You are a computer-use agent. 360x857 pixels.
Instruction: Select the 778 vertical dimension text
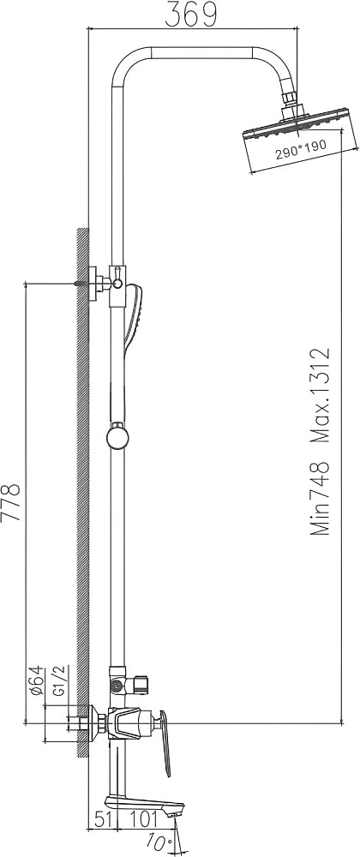coord(13,502)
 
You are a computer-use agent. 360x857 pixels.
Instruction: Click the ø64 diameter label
coord(37,681)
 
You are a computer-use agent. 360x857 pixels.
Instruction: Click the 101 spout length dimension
coord(144,820)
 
